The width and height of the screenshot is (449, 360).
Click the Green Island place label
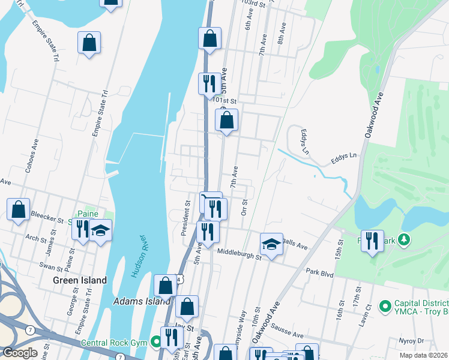click(80, 280)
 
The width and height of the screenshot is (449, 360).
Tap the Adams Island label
click(141, 301)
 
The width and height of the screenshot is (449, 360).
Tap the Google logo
click(20, 353)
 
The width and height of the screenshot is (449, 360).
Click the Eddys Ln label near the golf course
click(343, 158)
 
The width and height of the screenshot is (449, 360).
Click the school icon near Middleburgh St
click(271, 244)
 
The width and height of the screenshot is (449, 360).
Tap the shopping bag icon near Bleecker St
click(19, 209)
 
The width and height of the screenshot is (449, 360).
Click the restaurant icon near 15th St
click(372, 241)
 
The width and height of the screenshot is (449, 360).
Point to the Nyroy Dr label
click(411, 340)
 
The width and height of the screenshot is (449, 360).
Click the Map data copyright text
click(423, 355)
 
